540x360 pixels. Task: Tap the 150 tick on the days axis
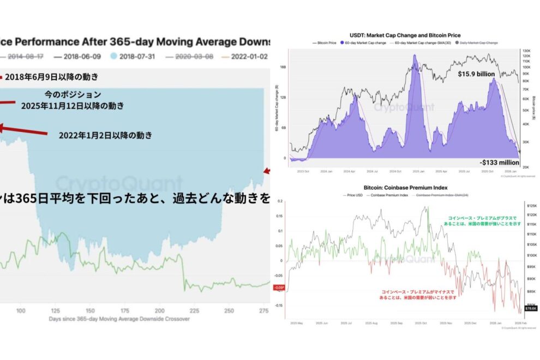click(89, 310)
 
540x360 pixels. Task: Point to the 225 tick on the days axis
click(194, 310)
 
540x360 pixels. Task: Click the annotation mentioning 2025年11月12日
click(71, 105)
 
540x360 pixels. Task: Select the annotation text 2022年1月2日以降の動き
click(105, 135)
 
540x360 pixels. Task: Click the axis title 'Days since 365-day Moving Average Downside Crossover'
click(119, 319)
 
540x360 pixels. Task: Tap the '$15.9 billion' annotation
click(475, 73)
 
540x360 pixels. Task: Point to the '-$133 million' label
click(499, 162)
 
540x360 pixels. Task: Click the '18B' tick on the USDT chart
click(283, 68)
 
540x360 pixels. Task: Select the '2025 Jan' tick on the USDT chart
click(418, 170)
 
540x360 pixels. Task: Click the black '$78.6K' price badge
click(530, 308)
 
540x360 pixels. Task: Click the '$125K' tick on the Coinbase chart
click(531, 206)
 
